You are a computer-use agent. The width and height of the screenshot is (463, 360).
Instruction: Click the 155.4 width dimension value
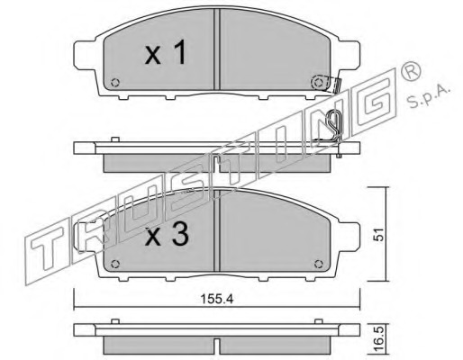(216, 299)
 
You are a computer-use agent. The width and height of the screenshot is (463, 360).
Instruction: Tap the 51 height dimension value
(379, 234)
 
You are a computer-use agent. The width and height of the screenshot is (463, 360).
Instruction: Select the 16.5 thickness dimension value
(379, 339)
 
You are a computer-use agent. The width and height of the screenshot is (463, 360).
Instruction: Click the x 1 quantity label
(166, 53)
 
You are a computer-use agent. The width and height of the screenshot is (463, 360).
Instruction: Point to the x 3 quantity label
(167, 235)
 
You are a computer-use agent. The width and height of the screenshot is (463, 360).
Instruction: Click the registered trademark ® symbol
(411, 72)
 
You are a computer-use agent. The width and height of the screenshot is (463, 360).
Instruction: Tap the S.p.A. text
(429, 94)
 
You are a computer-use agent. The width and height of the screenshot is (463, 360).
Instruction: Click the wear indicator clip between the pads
(334, 125)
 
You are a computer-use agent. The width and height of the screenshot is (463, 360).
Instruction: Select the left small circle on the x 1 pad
(115, 82)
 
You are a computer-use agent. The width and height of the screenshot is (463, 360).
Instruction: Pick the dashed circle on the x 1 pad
(318, 82)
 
